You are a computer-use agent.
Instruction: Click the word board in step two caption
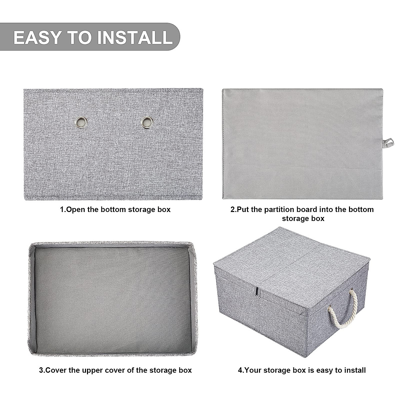coord(314,210)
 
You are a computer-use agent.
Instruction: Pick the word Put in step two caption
coord(242,210)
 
